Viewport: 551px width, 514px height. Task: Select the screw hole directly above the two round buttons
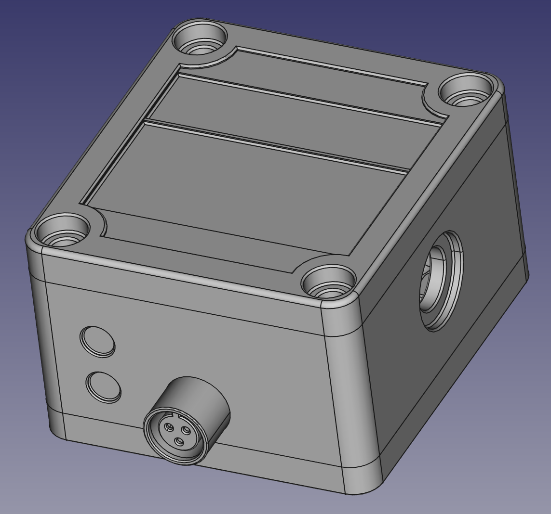point(63,231)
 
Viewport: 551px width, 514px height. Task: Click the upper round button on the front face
point(97,342)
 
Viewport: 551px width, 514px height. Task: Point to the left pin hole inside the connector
point(168,427)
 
